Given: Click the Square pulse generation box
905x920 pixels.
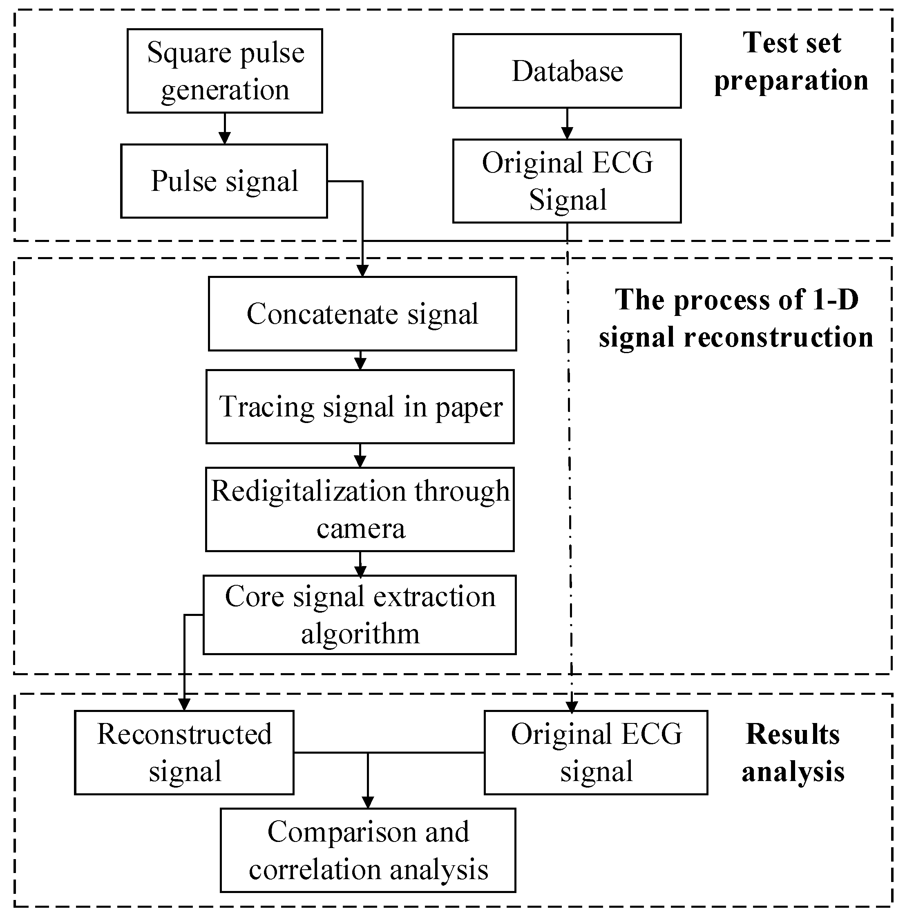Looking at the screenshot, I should (224, 71).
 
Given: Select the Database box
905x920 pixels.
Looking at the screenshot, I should (567, 71).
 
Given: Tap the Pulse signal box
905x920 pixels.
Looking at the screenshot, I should (224, 181).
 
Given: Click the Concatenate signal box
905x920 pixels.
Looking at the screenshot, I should (362, 314).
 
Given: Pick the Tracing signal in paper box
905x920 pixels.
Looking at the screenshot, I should (360, 407).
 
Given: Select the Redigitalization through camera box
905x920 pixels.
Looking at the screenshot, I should (360, 509).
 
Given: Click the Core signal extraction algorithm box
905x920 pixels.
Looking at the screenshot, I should (360, 615).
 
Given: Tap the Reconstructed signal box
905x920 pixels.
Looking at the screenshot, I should (184, 753).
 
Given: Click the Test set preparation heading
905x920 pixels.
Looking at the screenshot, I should (791, 61).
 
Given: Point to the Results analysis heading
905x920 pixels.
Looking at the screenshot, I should (792, 753).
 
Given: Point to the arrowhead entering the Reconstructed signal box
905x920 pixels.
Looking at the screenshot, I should (184, 704).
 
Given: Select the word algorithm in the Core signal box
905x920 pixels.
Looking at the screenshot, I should (360, 634).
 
